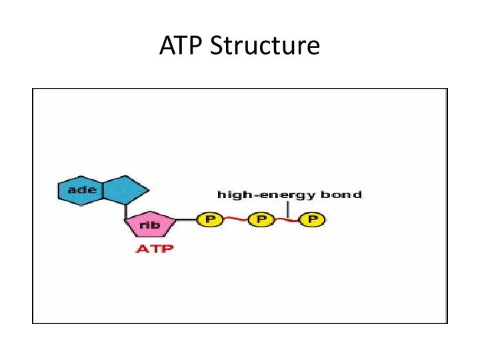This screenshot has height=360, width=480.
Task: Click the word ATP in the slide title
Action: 181,46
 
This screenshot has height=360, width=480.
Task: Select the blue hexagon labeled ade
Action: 81,190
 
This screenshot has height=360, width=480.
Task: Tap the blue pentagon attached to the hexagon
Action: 125,189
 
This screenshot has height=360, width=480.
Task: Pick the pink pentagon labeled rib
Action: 151,225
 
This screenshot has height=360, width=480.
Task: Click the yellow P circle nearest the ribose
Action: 208,219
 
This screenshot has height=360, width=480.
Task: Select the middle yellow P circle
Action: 261,219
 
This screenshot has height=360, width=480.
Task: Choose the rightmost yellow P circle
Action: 311,219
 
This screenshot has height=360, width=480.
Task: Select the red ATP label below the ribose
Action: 155,249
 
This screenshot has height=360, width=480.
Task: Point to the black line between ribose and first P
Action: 187,219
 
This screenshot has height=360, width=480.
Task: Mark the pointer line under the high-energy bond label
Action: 288,208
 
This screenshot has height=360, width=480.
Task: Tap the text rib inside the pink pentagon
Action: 149,225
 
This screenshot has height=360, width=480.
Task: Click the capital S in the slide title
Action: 217,46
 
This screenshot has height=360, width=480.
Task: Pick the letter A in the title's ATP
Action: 167,46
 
